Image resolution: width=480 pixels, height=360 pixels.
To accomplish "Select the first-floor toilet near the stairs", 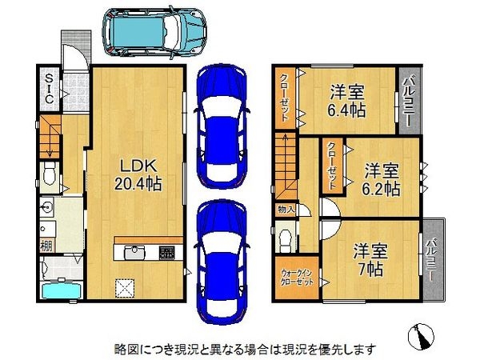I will click(x=50, y=173).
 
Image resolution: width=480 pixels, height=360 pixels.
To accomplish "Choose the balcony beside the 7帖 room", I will click(x=432, y=259).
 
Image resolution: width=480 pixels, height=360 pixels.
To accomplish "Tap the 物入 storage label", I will click(x=286, y=210).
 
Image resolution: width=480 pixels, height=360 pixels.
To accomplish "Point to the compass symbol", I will click(x=422, y=335).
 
